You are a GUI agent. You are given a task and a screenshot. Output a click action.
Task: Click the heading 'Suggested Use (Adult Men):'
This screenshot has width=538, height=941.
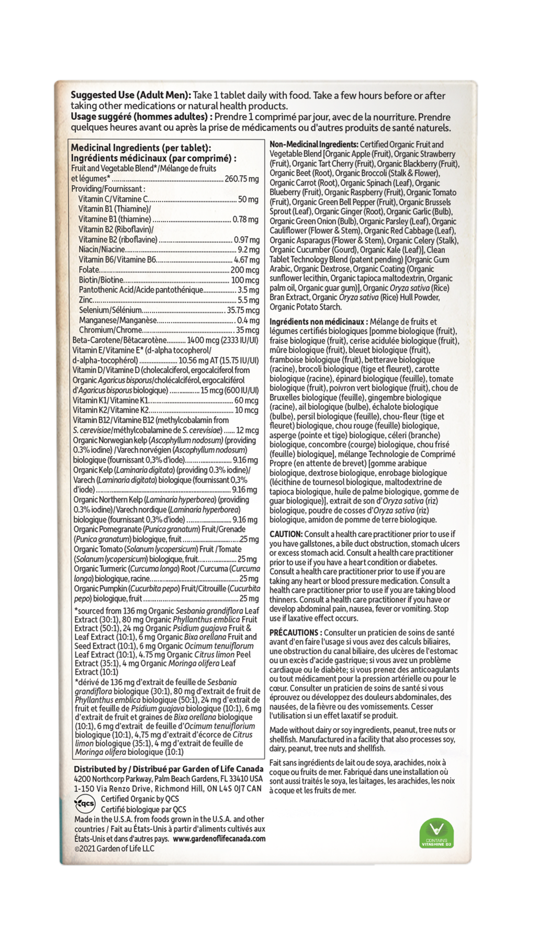(x=131, y=96)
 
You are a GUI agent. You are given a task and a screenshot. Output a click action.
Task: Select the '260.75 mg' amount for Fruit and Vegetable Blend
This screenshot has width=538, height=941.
(x=242, y=179)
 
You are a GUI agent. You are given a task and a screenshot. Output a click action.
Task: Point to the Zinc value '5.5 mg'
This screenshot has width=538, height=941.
(x=248, y=300)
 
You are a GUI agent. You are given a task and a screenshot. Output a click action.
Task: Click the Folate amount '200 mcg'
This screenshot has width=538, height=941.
(x=245, y=270)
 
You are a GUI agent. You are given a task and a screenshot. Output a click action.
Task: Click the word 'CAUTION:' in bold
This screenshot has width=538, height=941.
(x=286, y=534)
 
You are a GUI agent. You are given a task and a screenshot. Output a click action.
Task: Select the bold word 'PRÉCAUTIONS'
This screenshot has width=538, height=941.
(x=294, y=632)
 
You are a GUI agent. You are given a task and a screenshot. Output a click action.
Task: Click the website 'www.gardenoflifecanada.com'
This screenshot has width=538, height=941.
(x=219, y=838)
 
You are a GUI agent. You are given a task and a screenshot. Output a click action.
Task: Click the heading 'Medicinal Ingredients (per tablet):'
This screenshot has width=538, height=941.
(x=140, y=149)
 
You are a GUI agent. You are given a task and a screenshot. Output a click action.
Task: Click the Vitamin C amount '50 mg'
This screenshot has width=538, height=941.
(x=248, y=199)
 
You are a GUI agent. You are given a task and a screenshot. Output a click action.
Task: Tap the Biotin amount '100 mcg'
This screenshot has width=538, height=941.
(x=245, y=280)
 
